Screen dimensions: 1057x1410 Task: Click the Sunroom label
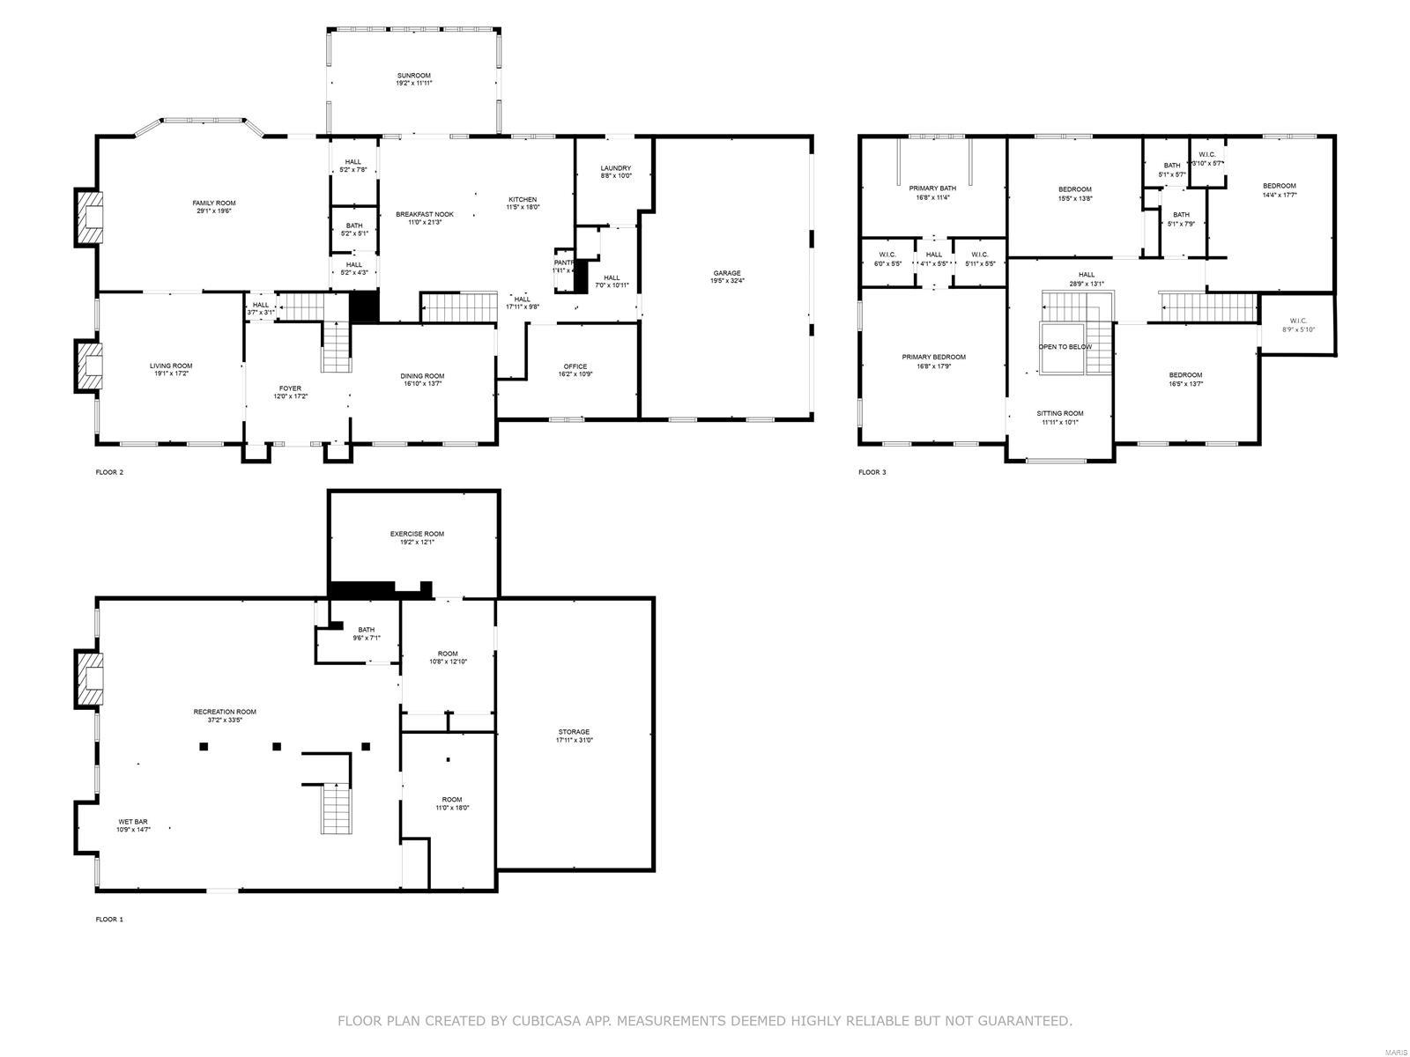(x=413, y=76)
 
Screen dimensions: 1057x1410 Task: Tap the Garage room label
(x=727, y=273)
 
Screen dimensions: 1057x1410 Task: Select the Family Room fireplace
(x=90, y=218)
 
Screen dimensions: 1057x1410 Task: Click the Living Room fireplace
(x=90, y=366)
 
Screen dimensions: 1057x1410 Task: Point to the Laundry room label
(x=615, y=168)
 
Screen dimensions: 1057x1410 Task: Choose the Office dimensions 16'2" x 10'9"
(x=575, y=374)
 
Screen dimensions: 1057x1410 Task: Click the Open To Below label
(x=1065, y=347)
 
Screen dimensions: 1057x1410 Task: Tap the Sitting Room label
(x=1059, y=413)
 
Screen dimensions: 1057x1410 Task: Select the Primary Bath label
(x=932, y=188)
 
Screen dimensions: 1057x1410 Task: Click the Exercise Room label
(x=417, y=534)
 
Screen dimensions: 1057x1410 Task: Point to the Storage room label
(x=574, y=732)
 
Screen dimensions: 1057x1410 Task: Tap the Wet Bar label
(x=133, y=822)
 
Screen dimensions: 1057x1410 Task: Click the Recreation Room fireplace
(x=90, y=678)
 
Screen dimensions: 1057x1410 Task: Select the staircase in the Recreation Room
(x=336, y=808)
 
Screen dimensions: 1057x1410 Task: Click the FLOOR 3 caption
(x=872, y=473)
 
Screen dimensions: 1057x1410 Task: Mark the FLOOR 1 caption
(x=109, y=920)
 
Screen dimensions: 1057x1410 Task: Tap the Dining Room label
(x=423, y=375)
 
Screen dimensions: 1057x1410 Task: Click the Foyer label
(x=290, y=388)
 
